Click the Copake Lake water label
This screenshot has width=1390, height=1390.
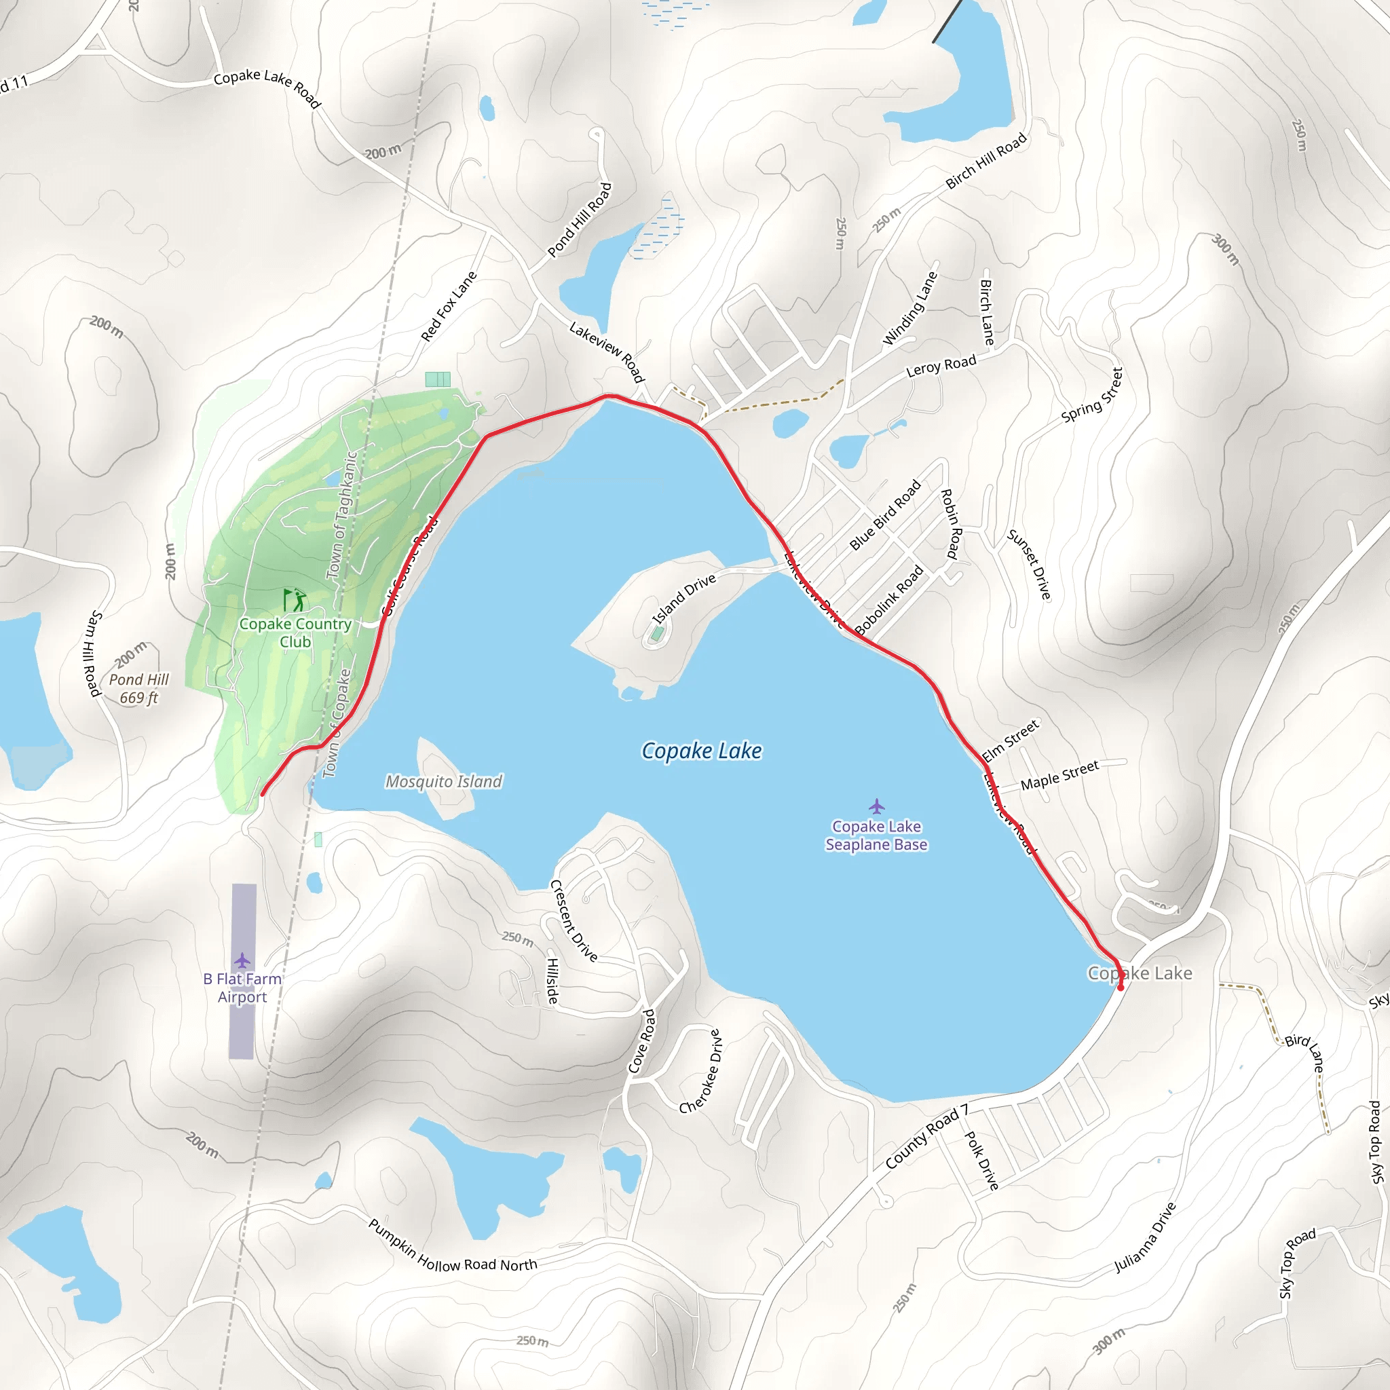(x=702, y=751)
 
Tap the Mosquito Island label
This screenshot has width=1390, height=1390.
(x=444, y=781)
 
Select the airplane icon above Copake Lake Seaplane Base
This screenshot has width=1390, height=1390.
(x=876, y=805)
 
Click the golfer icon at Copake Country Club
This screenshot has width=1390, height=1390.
(x=295, y=600)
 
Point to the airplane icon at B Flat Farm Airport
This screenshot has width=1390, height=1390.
(x=242, y=960)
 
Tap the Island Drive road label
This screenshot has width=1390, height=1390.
(x=684, y=599)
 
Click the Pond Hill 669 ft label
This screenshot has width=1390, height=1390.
(x=138, y=688)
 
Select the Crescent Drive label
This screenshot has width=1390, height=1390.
(x=574, y=921)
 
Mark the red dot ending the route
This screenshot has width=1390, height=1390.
(x=1120, y=988)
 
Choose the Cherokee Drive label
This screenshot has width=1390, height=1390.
(x=700, y=1071)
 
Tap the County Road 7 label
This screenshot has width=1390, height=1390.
(x=926, y=1137)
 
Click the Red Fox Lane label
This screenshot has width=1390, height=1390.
(x=449, y=307)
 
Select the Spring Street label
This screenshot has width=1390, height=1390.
(x=1092, y=395)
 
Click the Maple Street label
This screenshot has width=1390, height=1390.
(x=1059, y=775)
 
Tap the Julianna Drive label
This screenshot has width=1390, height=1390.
(x=1145, y=1237)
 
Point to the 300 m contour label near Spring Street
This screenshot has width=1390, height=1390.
(x=1226, y=250)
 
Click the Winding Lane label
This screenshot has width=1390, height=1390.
(x=910, y=309)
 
